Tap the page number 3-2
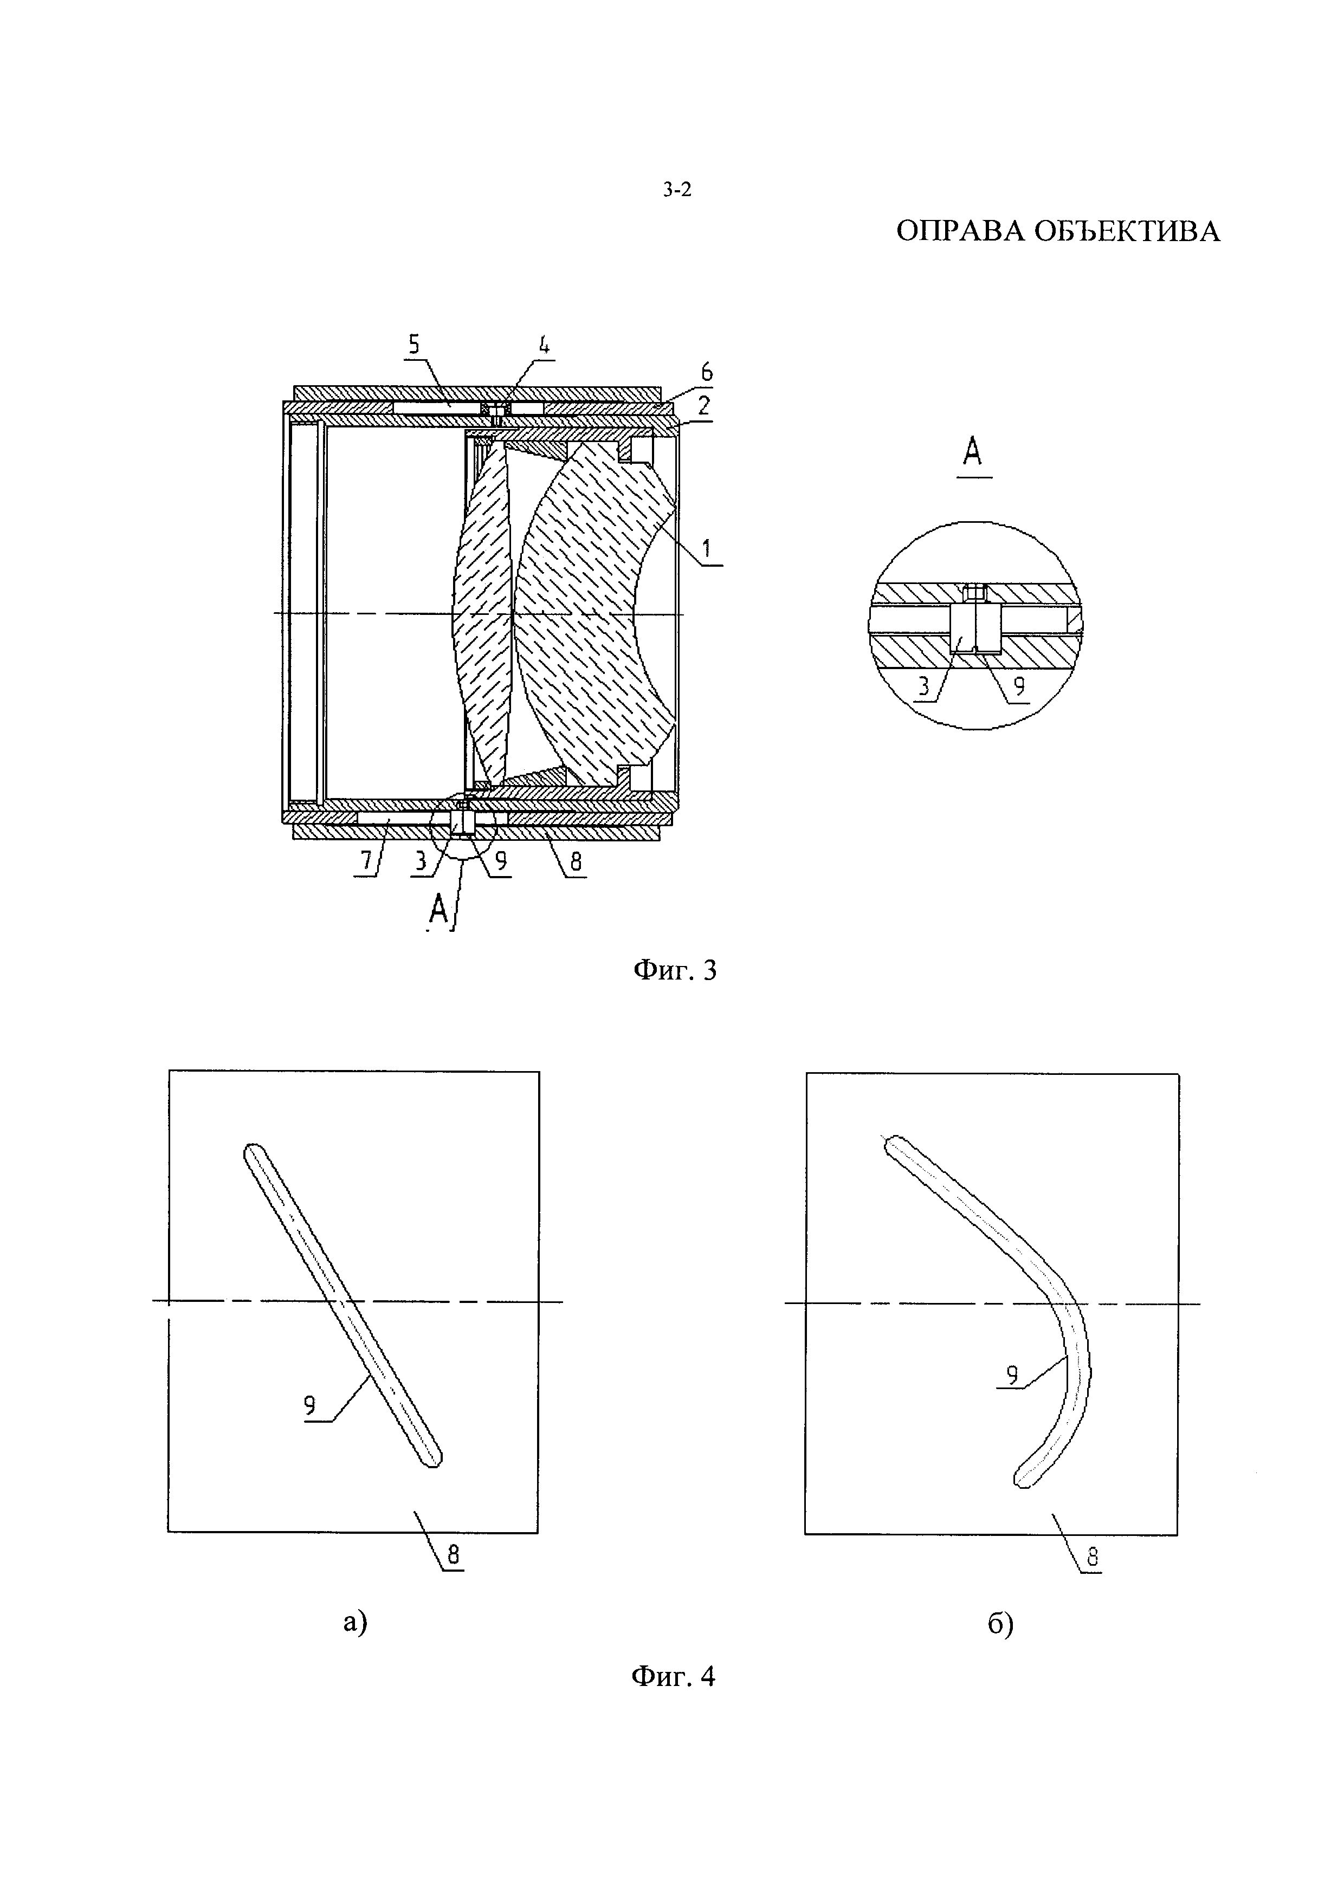(x=676, y=190)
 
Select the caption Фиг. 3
(x=675, y=970)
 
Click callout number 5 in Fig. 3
(x=414, y=344)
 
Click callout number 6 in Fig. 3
(x=706, y=372)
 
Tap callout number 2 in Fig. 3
(x=703, y=405)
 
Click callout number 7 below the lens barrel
(x=366, y=861)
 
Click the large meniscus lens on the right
(x=587, y=612)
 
